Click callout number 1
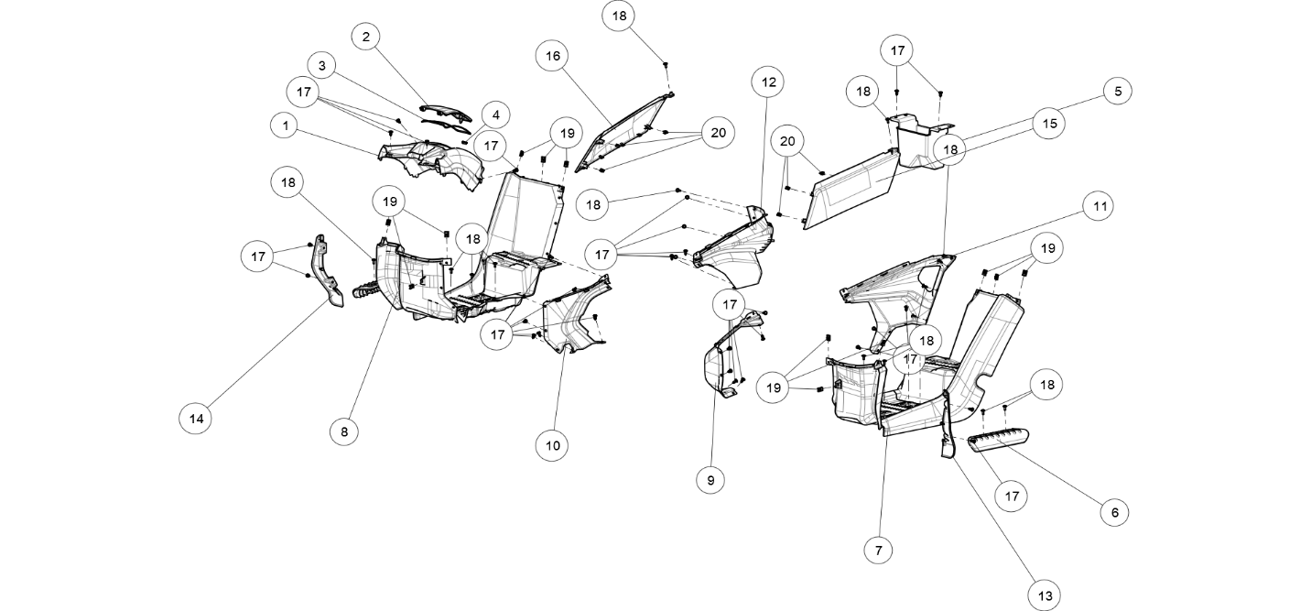[x=285, y=125]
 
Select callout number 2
[x=365, y=37]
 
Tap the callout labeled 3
[x=321, y=66]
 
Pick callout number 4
[x=495, y=115]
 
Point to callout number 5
[x=1117, y=92]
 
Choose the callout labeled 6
[x=1114, y=513]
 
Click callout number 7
[x=878, y=551]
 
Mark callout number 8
[x=343, y=431]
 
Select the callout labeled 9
[x=710, y=480]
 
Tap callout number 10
[x=551, y=446]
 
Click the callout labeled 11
[x=1099, y=206]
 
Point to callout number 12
[x=768, y=82]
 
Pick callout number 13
[x=1045, y=596]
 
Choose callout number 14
[x=195, y=420]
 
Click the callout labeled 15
[x=1049, y=124]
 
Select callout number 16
[x=552, y=56]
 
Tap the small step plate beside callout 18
[x=998, y=441]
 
